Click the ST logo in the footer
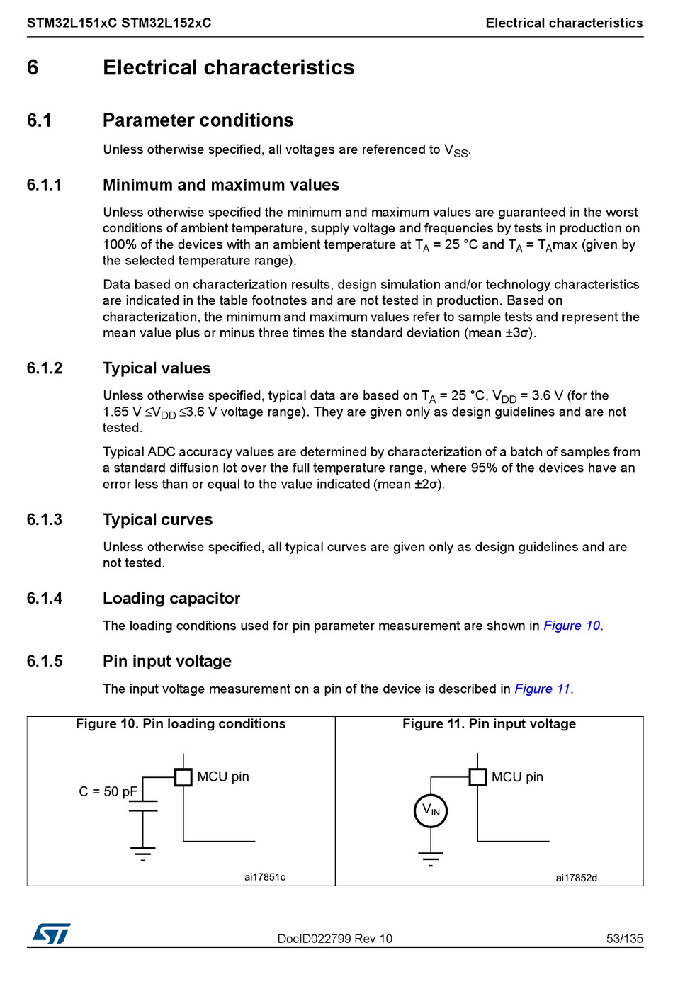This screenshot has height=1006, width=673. [51, 933]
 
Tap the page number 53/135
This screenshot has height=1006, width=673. [624, 939]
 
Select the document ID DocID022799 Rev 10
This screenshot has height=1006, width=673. [334, 939]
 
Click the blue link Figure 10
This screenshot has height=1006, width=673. [572, 626]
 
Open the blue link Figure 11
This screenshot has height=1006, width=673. [543, 689]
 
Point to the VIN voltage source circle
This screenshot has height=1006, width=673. [431, 810]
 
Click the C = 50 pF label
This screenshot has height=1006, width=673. [108, 791]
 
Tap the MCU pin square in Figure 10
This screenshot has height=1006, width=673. [183, 777]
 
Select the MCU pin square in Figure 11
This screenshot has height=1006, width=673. [477, 777]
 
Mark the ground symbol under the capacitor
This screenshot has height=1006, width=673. [143, 852]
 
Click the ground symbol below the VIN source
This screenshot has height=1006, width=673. [431, 858]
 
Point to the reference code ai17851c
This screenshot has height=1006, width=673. [265, 877]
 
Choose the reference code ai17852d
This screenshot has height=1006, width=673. [576, 878]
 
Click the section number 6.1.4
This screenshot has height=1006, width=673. [45, 599]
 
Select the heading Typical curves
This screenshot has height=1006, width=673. [157, 520]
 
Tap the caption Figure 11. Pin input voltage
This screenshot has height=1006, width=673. [489, 723]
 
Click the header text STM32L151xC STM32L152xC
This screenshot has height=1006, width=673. [119, 23]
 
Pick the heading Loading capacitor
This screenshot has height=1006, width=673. [171, 599]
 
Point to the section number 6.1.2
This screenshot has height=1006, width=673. [45, 368]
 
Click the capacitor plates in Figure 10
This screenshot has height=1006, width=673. [143, 806]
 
